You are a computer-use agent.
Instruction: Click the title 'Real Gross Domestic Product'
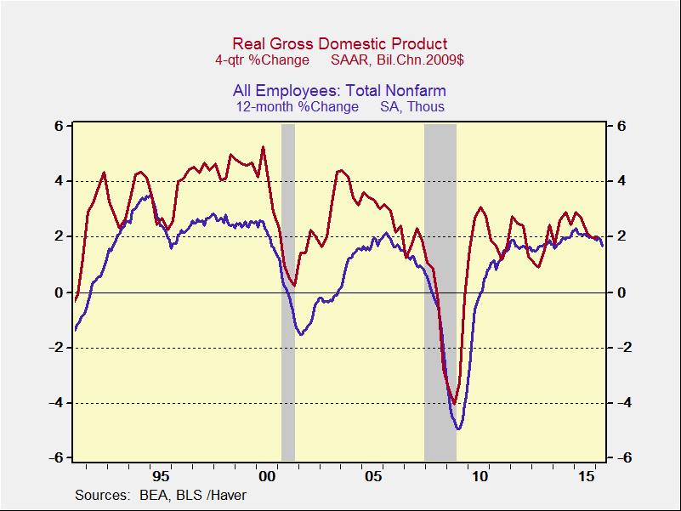340,44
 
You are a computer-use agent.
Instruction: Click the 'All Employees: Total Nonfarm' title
340,91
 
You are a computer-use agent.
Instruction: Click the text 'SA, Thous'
412,107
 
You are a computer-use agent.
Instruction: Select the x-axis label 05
373,476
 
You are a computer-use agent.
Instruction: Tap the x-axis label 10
480,476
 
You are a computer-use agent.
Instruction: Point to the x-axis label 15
585,476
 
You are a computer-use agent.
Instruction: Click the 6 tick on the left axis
60,126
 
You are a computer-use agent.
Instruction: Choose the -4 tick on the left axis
57,403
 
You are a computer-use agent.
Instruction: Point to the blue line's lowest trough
459,429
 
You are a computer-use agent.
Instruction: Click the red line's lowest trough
455,404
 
